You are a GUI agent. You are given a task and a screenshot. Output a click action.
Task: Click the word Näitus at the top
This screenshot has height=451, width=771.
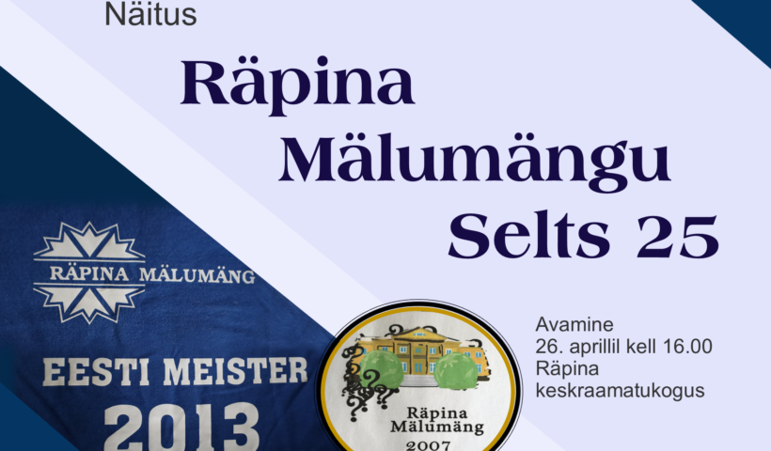pos(150,14)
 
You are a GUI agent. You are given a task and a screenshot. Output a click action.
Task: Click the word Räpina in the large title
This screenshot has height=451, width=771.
pos(297,85)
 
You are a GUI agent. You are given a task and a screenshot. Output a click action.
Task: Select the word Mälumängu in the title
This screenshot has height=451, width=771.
pos(475,163)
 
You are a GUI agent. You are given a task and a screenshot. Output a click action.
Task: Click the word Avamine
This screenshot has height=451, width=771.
pos(574,324)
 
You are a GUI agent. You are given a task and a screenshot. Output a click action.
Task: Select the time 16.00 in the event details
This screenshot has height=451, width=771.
pos(687,347)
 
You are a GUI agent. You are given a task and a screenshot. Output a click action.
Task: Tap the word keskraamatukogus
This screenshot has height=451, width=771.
pos(620,391)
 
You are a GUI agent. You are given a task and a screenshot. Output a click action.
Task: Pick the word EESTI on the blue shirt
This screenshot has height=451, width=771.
pos(96,372)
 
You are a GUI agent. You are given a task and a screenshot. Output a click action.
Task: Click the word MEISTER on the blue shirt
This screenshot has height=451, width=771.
pos(235,371)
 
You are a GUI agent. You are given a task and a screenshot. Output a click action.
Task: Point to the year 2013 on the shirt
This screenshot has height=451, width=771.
pos(181,428)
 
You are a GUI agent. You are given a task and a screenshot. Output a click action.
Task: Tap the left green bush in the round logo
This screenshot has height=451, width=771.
pos(382,369)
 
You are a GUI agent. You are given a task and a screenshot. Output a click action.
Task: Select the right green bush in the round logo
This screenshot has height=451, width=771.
pos(456,371)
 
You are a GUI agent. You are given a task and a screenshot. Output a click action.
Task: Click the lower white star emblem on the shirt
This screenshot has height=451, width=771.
pos(89,302)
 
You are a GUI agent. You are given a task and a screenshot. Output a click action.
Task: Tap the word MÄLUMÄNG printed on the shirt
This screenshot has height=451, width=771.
pos(197,275)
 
